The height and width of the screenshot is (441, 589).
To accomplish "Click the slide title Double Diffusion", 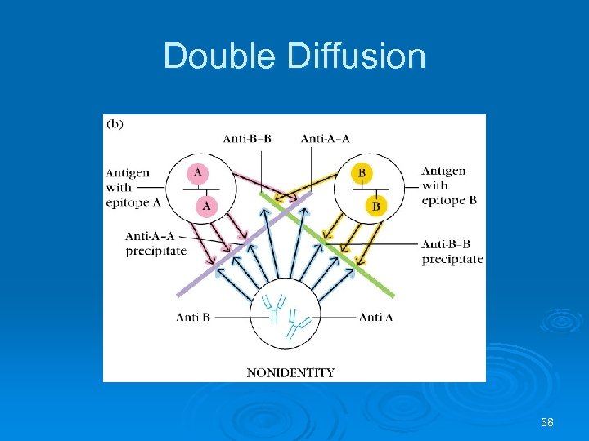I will (x=294, y=56).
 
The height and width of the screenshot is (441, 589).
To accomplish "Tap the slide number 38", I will (x=547, y=422).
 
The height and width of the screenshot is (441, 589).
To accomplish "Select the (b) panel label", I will (x=115, y=124).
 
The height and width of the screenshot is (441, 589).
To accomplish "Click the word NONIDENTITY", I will (x=290, y=372).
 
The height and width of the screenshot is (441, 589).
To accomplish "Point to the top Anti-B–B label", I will (x=247, y=138).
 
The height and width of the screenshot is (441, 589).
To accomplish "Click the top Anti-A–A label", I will (x=325, y=138).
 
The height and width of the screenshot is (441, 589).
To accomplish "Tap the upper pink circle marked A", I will (x=198, y=173).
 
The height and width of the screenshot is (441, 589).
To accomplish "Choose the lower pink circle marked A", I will (x=206, y=205).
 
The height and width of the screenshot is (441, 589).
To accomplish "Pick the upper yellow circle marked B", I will (x=362, y=173).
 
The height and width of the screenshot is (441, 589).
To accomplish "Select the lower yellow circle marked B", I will (x=376, y=206).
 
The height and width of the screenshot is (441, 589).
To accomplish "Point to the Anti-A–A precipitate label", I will (x=155, y=243).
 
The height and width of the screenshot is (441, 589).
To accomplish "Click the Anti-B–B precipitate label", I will (x=452, y=252).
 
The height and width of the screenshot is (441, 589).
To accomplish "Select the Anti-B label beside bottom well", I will (x=193, y=317).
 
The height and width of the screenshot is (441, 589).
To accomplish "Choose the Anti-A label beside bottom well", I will (x=375, y=317).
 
